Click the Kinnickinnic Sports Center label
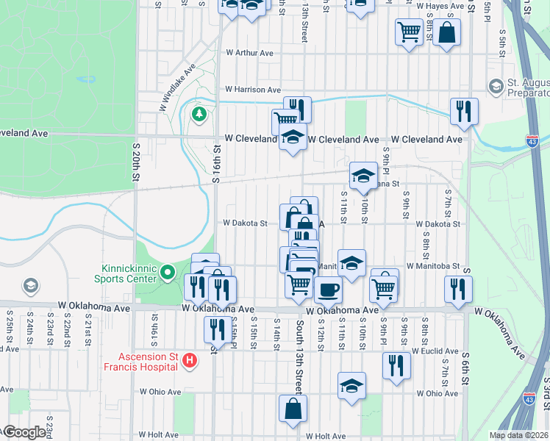(125, 273)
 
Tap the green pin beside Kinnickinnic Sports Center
(168, 273)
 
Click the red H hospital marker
(190, 361)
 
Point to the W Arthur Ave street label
(249, 53)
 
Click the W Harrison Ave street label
(253, 89)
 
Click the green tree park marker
(198, 115)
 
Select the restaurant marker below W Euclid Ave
(396, 365)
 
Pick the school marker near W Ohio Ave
(352, 386)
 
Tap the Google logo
(24, 432)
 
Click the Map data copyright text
(519, 435)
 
